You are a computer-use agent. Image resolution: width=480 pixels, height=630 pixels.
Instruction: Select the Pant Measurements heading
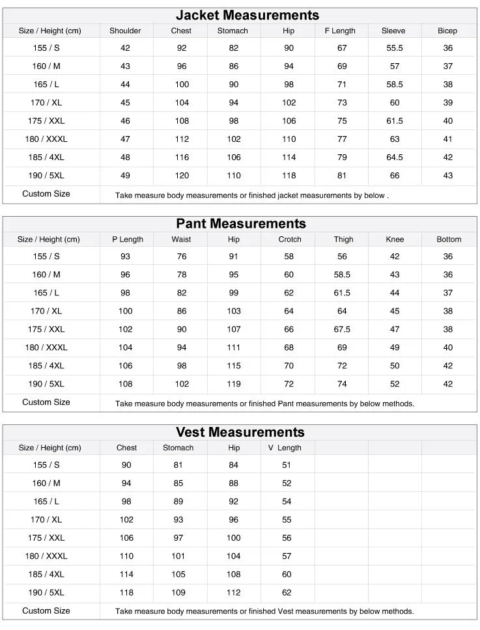tap(240, 223)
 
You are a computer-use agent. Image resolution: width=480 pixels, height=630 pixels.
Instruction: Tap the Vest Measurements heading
tap(240, 432)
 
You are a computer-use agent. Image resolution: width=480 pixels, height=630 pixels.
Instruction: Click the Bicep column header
tap(447, 31)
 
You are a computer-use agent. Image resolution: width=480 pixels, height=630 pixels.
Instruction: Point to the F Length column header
tap(340, 31)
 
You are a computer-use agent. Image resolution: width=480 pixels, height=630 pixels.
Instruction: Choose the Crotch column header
tap(290, 239)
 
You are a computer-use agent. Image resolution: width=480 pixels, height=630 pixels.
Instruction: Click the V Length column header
tap(285, 448)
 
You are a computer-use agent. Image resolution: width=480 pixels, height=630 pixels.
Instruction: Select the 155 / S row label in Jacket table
tap(46, 48)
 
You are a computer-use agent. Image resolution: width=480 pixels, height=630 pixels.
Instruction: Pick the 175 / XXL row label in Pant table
tap(46, 329)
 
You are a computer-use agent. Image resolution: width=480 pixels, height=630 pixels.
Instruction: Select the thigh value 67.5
tap(343, 329)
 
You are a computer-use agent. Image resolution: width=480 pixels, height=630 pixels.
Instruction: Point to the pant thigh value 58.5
tap(343, 275)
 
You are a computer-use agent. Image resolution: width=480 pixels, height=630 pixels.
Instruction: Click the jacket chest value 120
tap(182, 176)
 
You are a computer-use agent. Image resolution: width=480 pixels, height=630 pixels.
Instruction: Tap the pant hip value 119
tap(234, 384)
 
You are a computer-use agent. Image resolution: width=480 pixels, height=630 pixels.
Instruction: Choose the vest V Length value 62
tap(287, 592)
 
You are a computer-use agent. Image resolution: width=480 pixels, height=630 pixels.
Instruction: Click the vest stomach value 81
tap(178, 465)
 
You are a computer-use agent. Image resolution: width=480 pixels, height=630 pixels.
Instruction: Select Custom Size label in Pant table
tap(46, 402)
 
